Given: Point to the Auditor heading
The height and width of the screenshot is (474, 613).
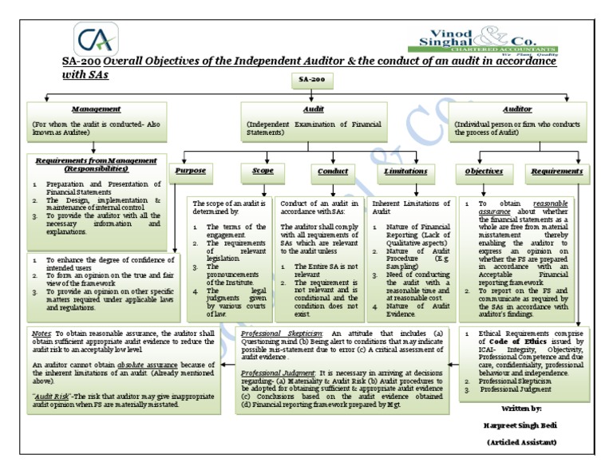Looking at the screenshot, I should [x=516, y=109].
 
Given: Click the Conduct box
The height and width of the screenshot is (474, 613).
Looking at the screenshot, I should [x=332, y=171].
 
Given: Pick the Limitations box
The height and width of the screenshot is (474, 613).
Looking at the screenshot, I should [x=405, y=171].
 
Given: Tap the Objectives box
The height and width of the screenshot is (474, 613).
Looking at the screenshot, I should [x=484, y=171].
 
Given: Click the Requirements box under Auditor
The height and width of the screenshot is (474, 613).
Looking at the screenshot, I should [x=556, y=171].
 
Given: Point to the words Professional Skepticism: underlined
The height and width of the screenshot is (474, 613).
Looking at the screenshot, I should [x=271, y=331].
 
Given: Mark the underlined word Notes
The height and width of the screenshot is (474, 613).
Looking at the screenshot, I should [x=42, y=331].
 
